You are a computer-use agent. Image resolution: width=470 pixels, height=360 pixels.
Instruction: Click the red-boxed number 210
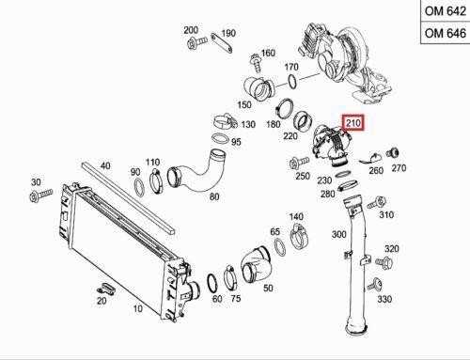coord(353,123)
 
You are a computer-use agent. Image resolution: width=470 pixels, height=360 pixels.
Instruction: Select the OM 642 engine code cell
coord(446,11)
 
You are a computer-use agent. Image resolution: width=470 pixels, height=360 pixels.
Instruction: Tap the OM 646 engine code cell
coord(446,33)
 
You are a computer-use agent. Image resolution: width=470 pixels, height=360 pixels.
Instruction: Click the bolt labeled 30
coord(40,195)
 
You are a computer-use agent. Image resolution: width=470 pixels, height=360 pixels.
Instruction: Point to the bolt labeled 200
coord(196,42)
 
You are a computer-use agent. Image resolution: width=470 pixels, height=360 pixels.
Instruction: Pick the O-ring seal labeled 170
coord(291,81)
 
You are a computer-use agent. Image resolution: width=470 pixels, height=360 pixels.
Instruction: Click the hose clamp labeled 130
coord(225,122)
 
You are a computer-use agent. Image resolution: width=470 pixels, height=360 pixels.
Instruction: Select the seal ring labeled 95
coord(221,138)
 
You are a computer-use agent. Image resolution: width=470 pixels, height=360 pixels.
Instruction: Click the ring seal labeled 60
coord(212,283)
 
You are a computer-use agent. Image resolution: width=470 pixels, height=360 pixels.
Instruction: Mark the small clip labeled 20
coord(105,289)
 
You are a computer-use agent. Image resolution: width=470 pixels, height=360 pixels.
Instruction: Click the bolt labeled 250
coord(299,164)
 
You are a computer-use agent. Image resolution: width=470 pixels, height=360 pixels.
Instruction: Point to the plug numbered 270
coord(392,154)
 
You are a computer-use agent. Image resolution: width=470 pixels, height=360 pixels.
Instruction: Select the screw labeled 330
coord(374,285)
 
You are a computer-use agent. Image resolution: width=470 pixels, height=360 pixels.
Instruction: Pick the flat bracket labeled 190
coord(222,43)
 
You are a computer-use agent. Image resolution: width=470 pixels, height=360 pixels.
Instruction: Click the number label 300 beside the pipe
coord(339,234)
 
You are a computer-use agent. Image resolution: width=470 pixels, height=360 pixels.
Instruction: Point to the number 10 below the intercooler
coord(138,308)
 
